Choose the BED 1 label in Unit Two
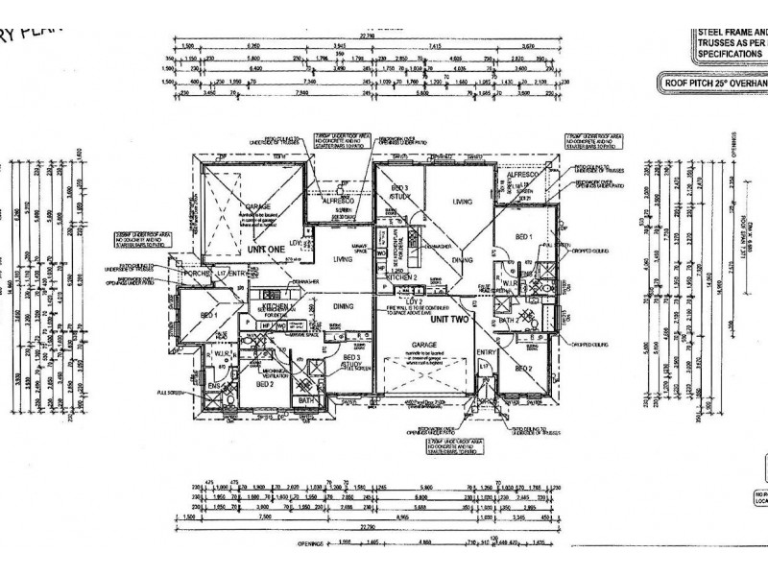tap(524, 236)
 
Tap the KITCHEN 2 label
tap(401, 276)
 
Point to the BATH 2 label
tap(522, 319)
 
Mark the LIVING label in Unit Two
tap(465, 202)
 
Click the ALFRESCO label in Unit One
tap(339, 203)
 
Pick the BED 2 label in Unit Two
tap(523, 368)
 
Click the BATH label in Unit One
tap(306, 400)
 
